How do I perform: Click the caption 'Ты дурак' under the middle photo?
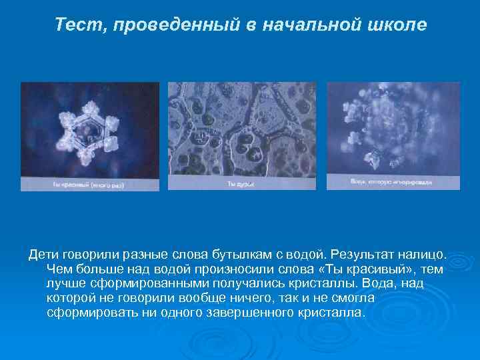click(241, 183)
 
